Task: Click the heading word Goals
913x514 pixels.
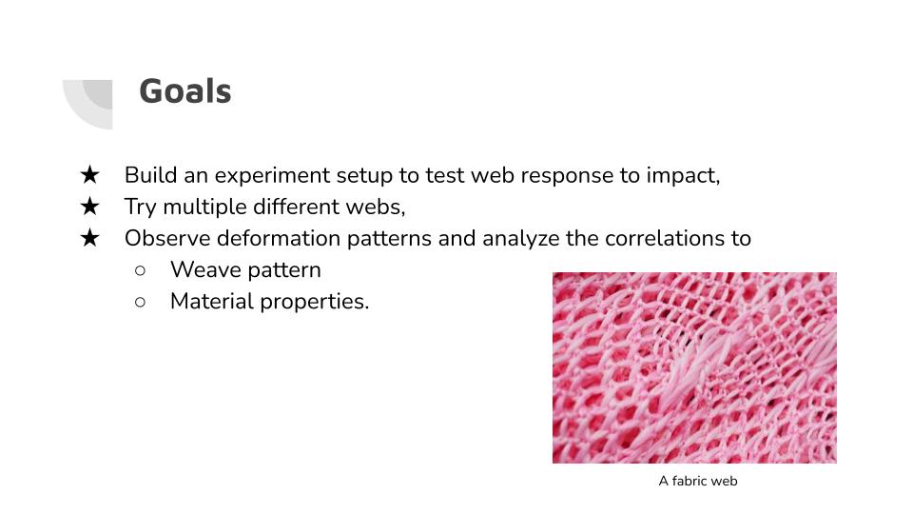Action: (185, 91)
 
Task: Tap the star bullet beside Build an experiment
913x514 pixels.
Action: (89, 174)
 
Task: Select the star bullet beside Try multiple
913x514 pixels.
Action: (89, 206)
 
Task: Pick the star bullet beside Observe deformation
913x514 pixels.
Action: (89, 237)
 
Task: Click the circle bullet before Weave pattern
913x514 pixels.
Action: (140, 269)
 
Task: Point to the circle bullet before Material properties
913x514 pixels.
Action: (140, 302)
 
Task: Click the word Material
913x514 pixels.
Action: (212, 302)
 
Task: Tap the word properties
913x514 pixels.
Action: (312, 303)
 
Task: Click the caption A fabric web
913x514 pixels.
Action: (697, 481)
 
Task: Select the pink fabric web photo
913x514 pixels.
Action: (694, 367)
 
